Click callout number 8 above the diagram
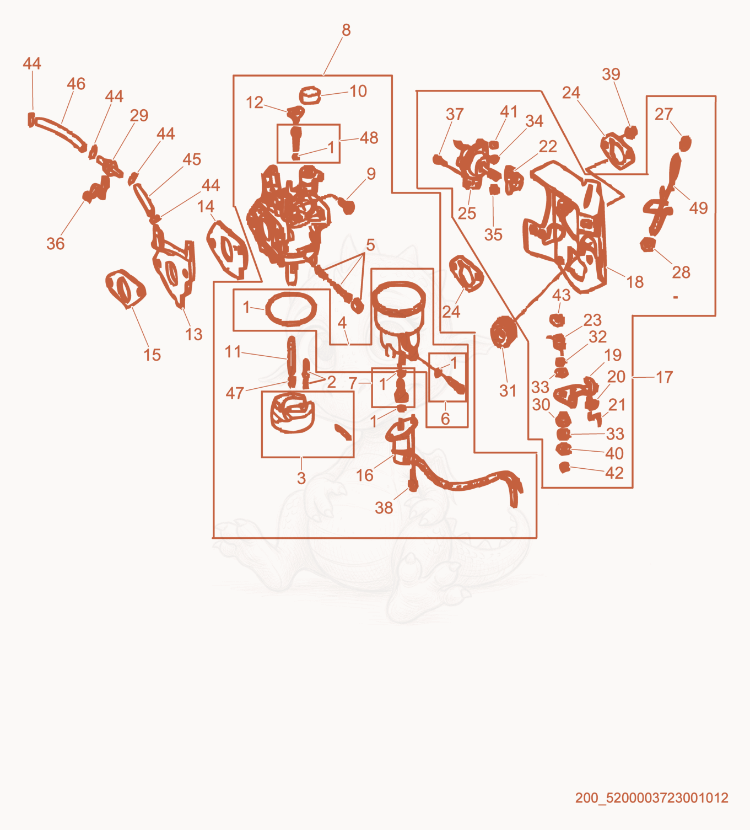click(x=346, y=30)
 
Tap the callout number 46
click(x=76, y=84)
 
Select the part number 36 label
click(x=56, y=244)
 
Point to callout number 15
click(x=152, y=355)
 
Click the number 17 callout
click(x=665, y=377)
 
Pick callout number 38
click(x=384, y=508)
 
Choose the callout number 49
click(x=698, y=208)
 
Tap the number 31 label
click(x=508, y=391)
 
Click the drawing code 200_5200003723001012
click(x=651, y=797)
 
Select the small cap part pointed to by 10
click(x=310, y=95)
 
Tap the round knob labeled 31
click(x=504, y=331)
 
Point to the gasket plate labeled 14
click(x=228, y=249)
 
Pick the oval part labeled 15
click(x=125, y=288)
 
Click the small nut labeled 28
click(x=647, y=244)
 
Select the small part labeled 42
click(x=564, y=468)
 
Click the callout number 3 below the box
click(x=301, y=478)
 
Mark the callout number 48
click(x=369, y=138)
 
